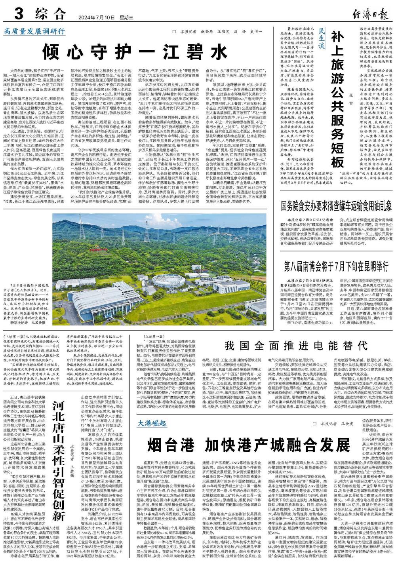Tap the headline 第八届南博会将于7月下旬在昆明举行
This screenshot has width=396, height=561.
[x=336, y=265]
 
